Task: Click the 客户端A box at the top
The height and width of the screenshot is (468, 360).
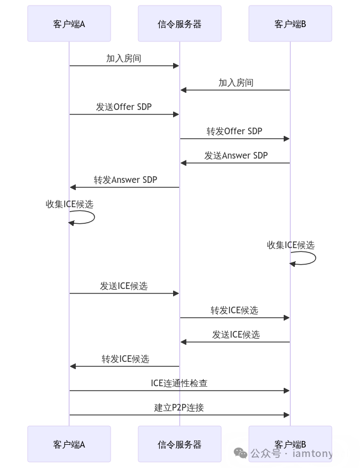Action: (x=69, y=24)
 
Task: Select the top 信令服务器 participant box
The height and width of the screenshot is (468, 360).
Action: (x=180, y=24)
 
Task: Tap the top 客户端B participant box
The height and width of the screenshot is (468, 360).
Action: (x=290, y=24)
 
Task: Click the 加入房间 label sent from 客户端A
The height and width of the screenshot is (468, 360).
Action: (x=124, y=59)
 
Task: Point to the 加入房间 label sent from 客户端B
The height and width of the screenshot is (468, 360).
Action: (x=236, y=83)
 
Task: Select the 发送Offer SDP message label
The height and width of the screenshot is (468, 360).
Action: (x=124, y=107)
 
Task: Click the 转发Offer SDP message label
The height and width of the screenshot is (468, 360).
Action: (x=234, y=132)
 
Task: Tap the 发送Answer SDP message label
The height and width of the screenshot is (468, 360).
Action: (x=236, y=156)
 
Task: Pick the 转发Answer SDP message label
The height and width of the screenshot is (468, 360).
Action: (x=125, y=180)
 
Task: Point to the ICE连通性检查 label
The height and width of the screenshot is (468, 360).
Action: (x=179, y=383)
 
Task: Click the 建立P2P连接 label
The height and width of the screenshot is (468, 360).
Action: (x=179, y=408)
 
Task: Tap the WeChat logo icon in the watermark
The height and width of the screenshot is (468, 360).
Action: (x=241, y=453)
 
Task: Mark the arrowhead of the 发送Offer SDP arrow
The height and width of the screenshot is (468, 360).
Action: (x=176, y=114)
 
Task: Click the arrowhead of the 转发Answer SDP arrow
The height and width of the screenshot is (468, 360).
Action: (x=72, y=187)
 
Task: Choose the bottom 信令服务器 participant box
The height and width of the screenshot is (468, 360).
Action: (x=180, y=444)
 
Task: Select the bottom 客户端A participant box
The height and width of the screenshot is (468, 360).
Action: (x=69, y=444)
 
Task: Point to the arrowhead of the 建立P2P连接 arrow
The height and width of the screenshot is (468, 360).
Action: (x=287, y=415)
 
